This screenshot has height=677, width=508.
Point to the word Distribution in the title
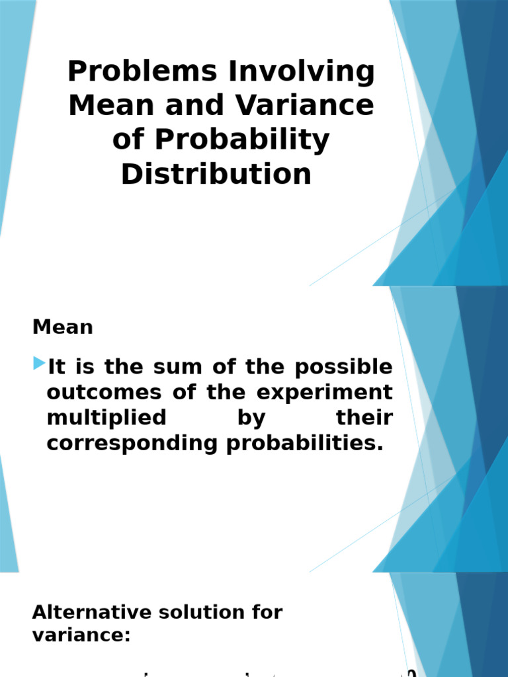(x=216, y=174)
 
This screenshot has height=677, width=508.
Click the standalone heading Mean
(x=63, y=327)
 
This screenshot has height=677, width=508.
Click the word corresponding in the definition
(x=132, y=444)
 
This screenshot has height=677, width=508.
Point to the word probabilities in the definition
(x=305, y=444)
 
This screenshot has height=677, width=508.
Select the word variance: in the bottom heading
(x=81, y=636)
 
